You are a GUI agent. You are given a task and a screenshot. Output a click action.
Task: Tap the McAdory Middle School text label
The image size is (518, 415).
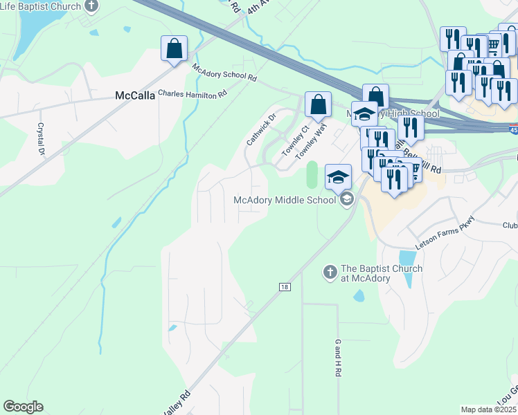pyautogui.click(x=285, y=200)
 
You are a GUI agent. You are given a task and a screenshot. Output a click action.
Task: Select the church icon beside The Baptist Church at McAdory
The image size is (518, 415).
pyautogui.click(x=330, y=273)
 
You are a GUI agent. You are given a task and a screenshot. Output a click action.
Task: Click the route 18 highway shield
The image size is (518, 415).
pyautogui.click(x=285, y=286)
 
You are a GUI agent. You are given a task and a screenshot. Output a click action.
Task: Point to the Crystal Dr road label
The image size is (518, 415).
pyautogui.click(x=41, y=139)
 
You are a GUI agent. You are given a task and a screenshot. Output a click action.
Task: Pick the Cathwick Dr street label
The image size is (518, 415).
pyautogui.click(x=261, y=129)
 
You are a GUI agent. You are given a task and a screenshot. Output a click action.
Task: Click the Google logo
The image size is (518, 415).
pyautogui.click(x=23, y=407)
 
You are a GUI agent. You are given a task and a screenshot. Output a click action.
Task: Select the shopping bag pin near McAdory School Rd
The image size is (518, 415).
pyautogui.click(x=175, y=49)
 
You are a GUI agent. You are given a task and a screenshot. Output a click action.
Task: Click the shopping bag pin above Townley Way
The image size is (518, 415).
pyautogui.click(x=318, y=105)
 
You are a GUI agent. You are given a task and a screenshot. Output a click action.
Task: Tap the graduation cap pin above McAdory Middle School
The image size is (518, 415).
pyautogui.click(x=339, y=178)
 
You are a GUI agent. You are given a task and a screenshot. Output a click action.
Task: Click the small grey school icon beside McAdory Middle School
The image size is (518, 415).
pyautogui.click(x=347, y=200)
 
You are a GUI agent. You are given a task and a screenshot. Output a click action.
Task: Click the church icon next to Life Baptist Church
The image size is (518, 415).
pyautogui.click(x=92, y=6)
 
